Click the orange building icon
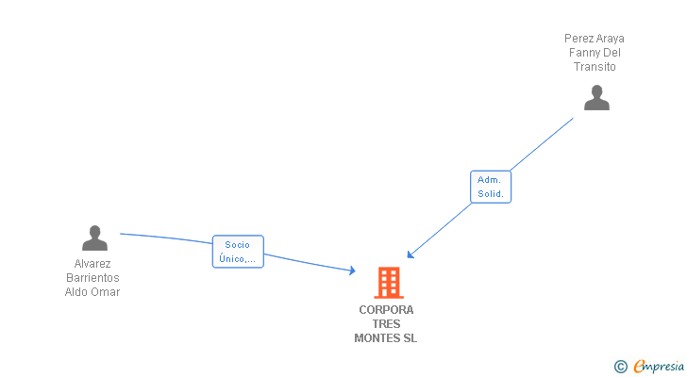click(x=388, y=282)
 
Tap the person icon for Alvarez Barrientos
click(x=94, y=238)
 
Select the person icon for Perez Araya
click(x=596, y=98)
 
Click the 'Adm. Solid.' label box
click(x=490, y=187)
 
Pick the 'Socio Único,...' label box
click(x=238, y=252)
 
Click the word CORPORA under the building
click(x=386, y=310)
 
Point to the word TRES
click(x=386, y=324)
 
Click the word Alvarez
click(x=92, y=264)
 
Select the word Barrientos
click(x=92, y=278)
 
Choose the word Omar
click(x=106, y=292)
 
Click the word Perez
click(x=578, y=39)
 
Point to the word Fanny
click(x=584, y=53)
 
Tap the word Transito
click(x=595, y=67)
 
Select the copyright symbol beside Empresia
click(x=621, y=366)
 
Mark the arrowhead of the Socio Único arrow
click(x=352, y=270)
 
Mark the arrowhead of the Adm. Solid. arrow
click(x=411, y=254)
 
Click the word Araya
click(x=610, y=39)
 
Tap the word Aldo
click(x=77, y=292)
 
